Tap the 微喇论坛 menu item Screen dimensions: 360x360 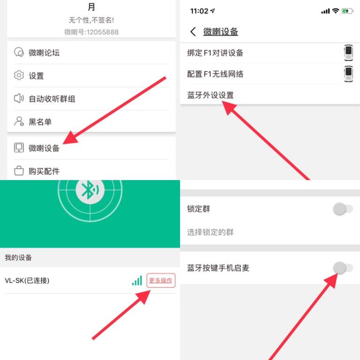[x=44, y=53]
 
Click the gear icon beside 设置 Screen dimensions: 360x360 [x=19, y=75]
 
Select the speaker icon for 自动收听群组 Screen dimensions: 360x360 [x=19, y=98]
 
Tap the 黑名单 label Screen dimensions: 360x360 [x=40, y=122]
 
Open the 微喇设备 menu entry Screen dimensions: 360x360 [x=44, y=148]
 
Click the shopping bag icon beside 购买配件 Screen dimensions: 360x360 [x=19, y=171]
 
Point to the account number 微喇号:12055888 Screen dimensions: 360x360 [x=91, y=32]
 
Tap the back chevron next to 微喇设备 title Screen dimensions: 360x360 [x=193, y=31]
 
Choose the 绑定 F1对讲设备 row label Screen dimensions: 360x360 [x=215, y=53]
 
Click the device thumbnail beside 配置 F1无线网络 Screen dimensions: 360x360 [x=348, y=74]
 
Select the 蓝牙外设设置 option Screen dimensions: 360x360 [x=210, y=95]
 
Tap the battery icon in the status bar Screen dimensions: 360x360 [x=347, y=11]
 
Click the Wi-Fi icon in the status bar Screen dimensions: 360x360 [x=336, y=11]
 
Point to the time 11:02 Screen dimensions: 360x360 [x=199, y=11]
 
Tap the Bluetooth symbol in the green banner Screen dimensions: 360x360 [x=90, y=190]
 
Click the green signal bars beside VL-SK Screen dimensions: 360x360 [x=137, y=280]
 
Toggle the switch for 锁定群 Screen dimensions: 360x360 [x=343, y=209]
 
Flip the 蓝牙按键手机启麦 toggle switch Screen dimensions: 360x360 [x=343, y=268]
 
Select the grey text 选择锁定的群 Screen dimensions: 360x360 [x=210, y=232]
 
